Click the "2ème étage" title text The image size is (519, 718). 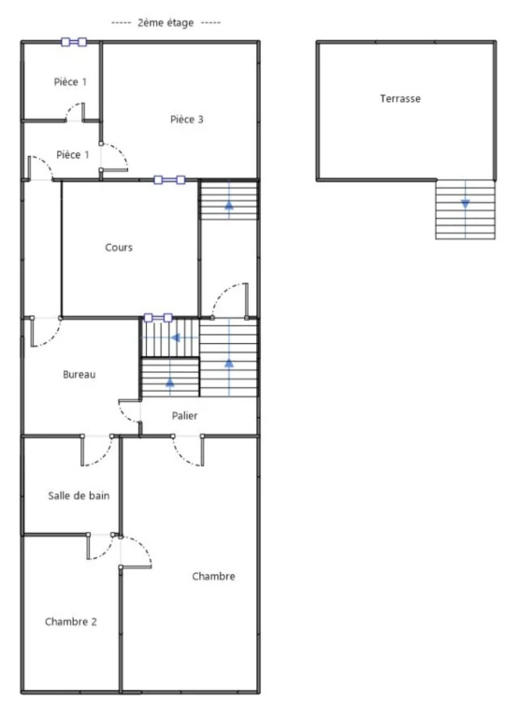[x=166, y=22]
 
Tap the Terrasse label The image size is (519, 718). [x=400, y=98]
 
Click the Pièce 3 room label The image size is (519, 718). [x=186, y=120]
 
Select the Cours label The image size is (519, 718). [x=119, y=247]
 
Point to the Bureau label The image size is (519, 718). [x=79, y=375]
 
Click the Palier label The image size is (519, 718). [x=184, y=416]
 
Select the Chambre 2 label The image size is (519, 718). [x=70, y=622]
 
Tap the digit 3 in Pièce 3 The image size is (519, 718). [x=200, y=120]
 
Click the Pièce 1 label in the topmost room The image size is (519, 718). [x=70, y=82]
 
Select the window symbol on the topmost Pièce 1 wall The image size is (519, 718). [x=74, y=42]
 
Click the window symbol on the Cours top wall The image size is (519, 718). [x=169, y=179]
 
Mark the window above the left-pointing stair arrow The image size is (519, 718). [x=158, y=318]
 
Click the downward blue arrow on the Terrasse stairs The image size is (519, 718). [x=466, y=204]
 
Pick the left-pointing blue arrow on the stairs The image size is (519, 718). [x=176, y=337]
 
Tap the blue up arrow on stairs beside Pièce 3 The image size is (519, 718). [x=229, y=205]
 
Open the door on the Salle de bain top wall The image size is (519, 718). [x=97, y=451]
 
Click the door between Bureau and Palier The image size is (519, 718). [x=130, y=411]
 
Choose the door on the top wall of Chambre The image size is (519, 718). [x=188, y=451]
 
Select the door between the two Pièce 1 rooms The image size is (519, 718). [x=75, y=112]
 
